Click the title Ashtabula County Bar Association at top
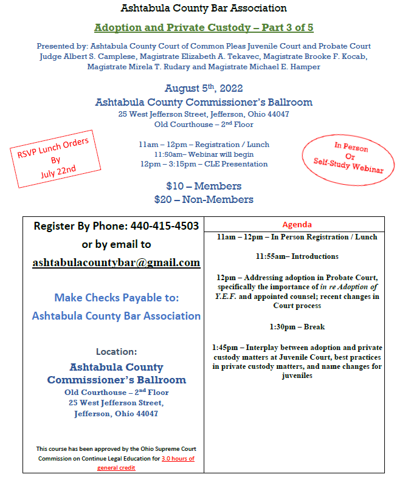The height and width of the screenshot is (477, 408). tap(204, 9)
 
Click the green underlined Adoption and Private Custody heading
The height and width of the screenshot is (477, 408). tap(204, 28)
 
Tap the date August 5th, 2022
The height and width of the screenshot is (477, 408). tap(204, 89)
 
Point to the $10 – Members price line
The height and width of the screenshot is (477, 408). tap(204, 186)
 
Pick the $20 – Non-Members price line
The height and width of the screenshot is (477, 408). tap(204, 199)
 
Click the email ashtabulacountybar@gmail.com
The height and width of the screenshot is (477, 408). tap(116, 263)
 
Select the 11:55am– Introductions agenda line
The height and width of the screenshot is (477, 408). tap(297, 256)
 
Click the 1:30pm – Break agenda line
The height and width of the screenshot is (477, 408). tap(297, 327)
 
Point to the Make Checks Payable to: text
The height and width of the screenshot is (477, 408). tap(116, 298)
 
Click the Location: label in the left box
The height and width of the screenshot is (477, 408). tap(116, 351)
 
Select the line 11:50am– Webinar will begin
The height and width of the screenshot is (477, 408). tap(204, 154)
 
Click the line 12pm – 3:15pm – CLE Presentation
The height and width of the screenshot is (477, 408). tap(204, 164)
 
